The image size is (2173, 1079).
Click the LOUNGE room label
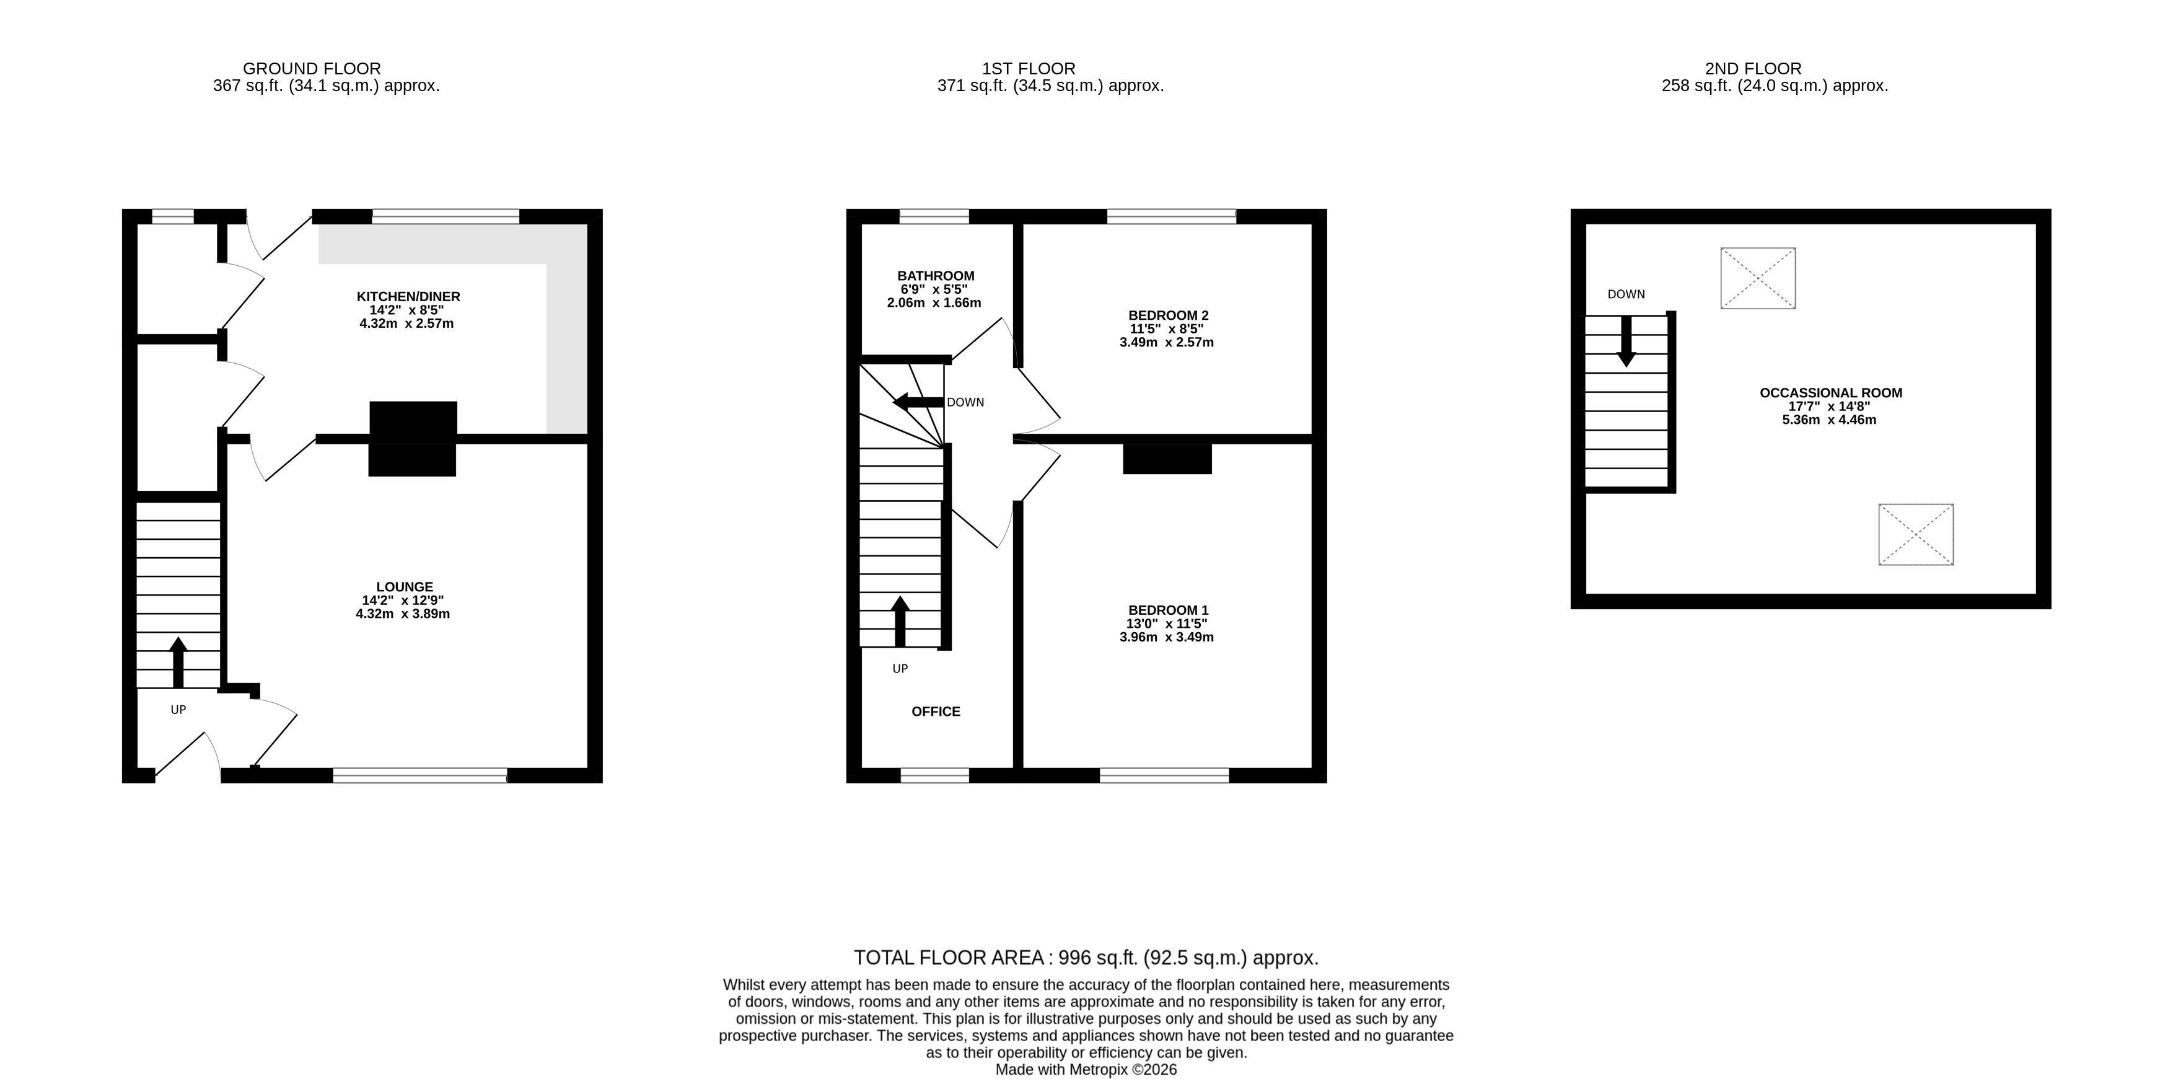(405, 587)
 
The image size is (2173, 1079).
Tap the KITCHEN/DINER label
(408, 297)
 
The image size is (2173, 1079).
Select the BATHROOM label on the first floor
(936, 276)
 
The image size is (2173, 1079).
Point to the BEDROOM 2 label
(1169, 315)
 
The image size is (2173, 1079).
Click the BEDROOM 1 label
(1169, 610)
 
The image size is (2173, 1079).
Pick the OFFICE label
(936, 711)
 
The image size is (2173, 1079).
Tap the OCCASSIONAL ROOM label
(1830, 392)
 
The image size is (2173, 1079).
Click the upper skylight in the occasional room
(1758, 278)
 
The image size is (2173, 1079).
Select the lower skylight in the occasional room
(1916, 535)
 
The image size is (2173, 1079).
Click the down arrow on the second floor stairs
(1625, 341)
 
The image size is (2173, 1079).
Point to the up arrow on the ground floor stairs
(178, 663)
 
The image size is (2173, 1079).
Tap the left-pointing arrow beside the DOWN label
(918, 402)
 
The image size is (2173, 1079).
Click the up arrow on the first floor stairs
(900, 622)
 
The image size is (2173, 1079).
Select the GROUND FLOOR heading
(312, 68)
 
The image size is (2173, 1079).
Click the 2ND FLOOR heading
(1753, 68)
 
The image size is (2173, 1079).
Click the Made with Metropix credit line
(1086, 1070)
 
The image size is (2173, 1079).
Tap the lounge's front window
(420, 775)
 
